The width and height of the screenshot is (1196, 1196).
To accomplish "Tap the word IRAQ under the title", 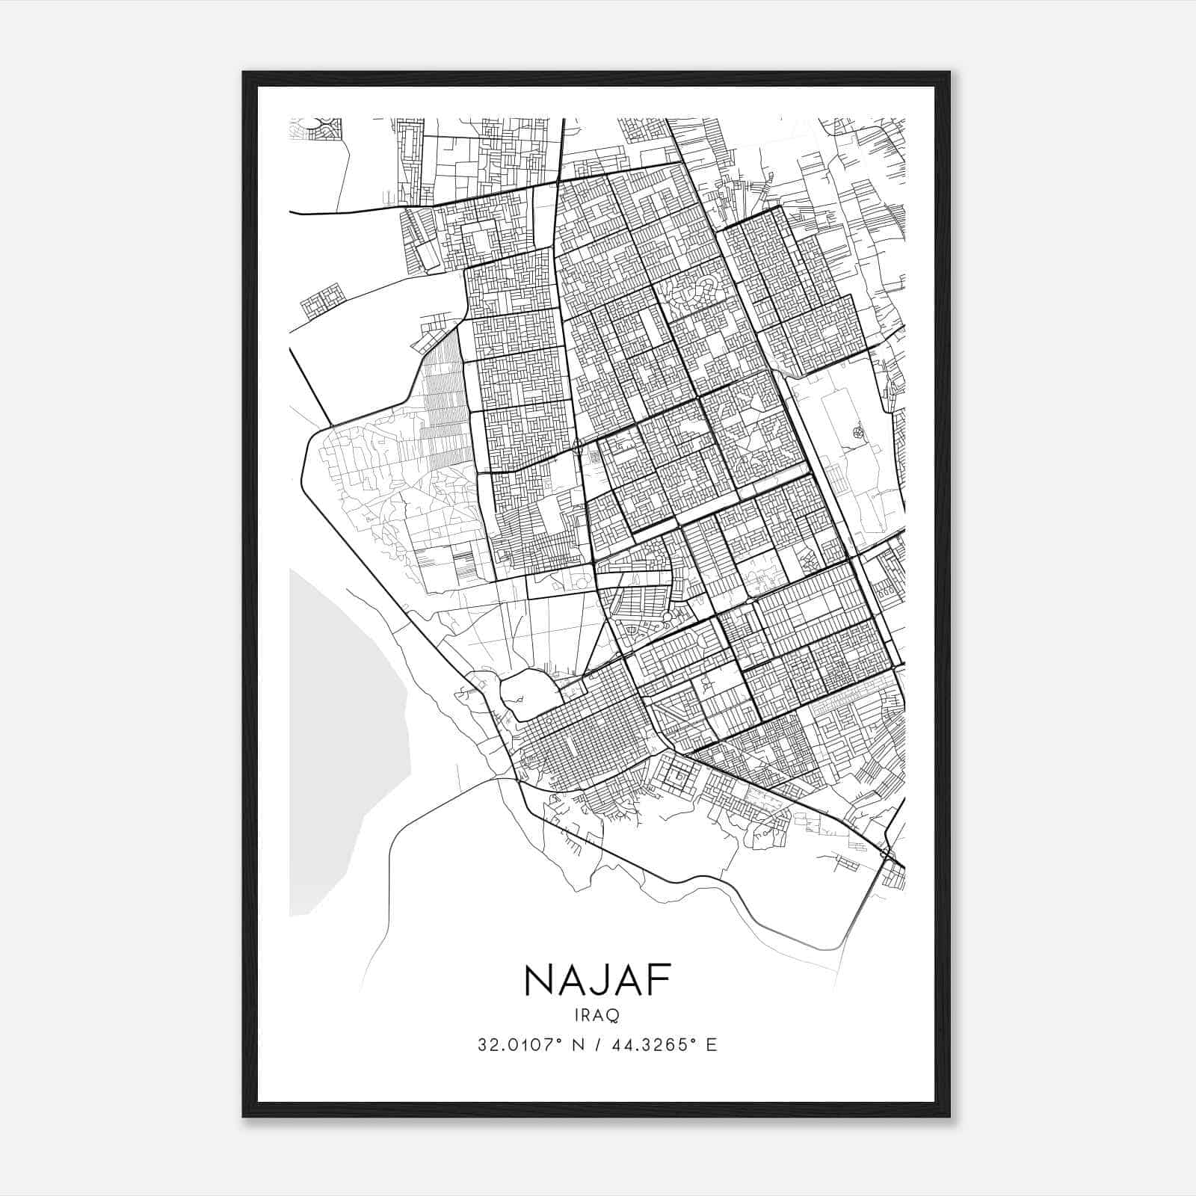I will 597,1015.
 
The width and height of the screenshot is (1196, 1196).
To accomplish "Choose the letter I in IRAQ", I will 576,1015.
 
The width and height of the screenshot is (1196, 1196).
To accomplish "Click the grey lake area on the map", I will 344,740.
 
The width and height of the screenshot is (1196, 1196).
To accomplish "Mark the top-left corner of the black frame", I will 244,73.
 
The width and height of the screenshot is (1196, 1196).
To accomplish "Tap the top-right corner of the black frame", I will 949,73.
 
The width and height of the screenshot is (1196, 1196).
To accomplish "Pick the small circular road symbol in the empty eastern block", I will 857,431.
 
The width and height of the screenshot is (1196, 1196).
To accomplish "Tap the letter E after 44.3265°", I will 712,1045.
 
